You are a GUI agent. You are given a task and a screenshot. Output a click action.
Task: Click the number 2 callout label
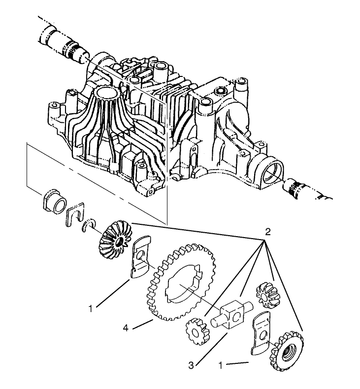(x=267, y=232)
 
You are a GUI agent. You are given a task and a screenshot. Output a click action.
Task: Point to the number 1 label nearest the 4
(x=90, y=309)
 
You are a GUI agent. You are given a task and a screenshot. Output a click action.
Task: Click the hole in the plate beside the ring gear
(x=141, y=254)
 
